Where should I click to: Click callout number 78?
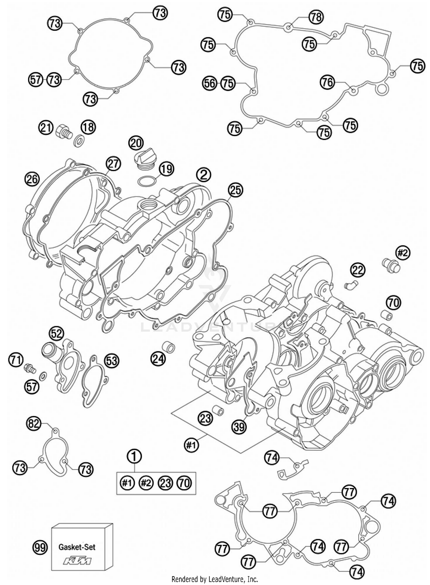[x=316, y=17]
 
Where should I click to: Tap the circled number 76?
[x=327, y=83]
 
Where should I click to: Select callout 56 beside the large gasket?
[x=210, y=83]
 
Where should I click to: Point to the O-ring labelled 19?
[x=147, y=181]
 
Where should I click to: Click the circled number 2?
[x=204, y=175]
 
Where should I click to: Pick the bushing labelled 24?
[x=169, y=347]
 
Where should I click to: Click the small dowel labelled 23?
[x=218, y=411]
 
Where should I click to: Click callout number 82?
[x=34, y=423]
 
